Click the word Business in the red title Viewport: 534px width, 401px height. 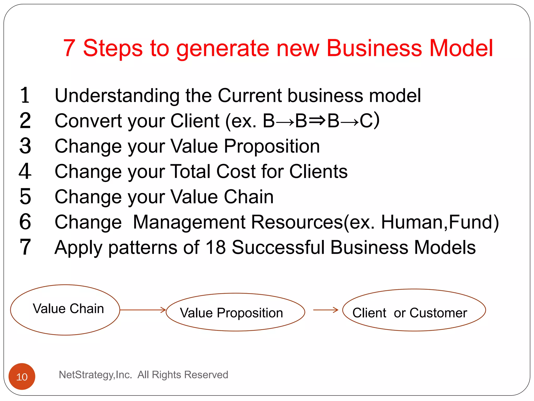click(x=374, y=48)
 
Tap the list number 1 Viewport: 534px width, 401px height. click(x=25, y=95)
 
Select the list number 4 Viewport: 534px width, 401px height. click(x=25, y=171)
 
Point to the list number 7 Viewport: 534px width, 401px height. click(x=25, y=247)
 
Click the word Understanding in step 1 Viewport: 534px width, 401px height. click(x=117, y=96)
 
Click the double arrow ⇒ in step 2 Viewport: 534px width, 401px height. click(x=317, y=121)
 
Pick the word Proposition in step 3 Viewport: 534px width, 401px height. click(x=272, y=146)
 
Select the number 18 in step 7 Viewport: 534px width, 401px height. click(x=215, y=247)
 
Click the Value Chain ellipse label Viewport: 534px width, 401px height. click(x=68, y=309)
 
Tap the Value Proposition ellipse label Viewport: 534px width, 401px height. click(x=231, y=313)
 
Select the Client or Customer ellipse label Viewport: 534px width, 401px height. click(x=410, y=313)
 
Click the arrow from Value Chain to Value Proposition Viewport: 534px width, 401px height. click(x=143, y=310)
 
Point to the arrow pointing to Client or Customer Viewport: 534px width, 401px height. click(x=325, y=310)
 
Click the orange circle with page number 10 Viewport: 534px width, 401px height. click(x=22, y=376)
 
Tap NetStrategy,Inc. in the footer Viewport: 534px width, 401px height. click(x=95, y=375)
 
